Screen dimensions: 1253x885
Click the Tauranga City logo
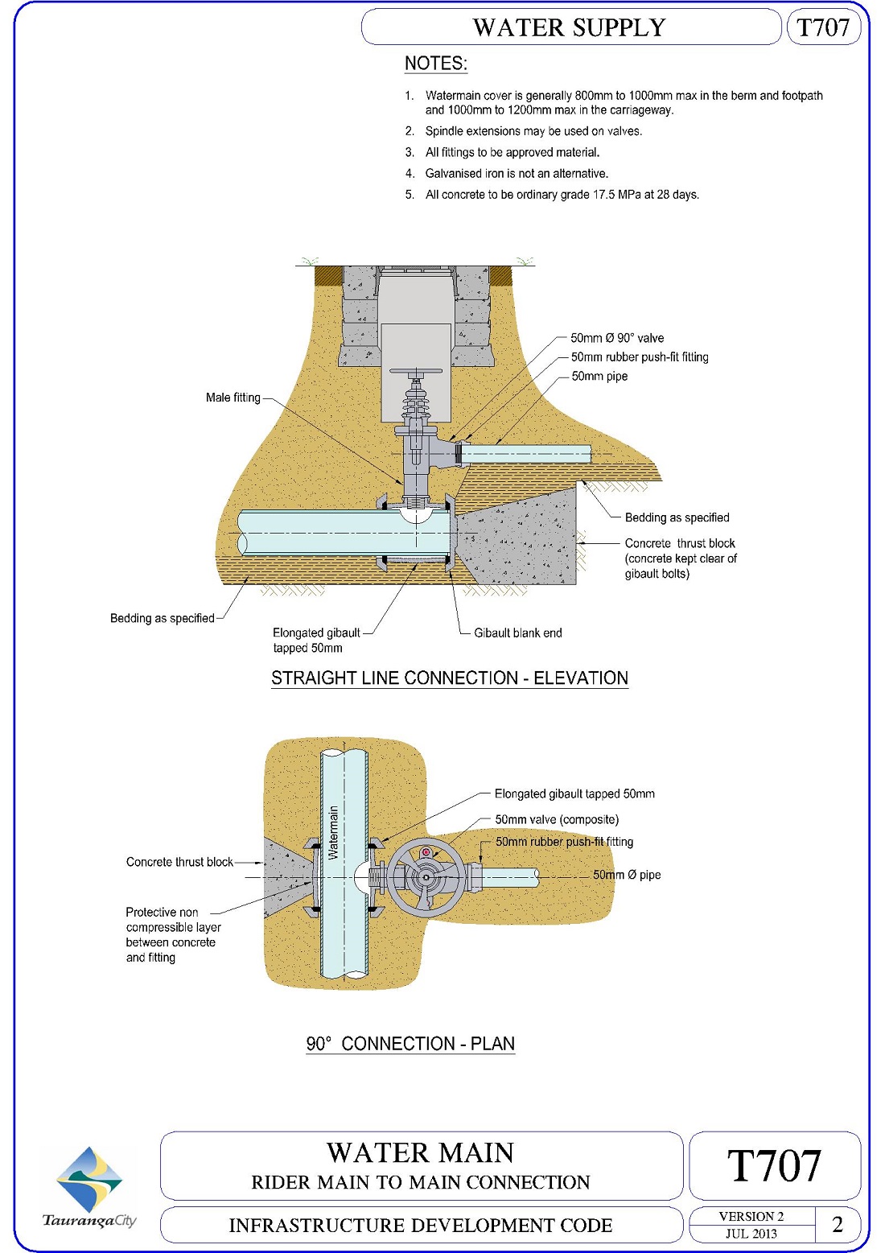pos(89,1187)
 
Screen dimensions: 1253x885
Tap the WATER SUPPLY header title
pos(569,27)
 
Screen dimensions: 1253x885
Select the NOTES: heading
pos(435,64)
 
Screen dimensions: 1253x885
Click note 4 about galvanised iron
pos(517,174)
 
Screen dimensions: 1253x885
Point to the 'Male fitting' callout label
pos(233,398)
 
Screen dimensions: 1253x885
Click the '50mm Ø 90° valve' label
pos(617,338)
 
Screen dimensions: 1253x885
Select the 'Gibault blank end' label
pos(517,633)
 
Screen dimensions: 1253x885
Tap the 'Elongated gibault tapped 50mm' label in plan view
pos(574,794)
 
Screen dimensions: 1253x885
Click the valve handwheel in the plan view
pos(425,877)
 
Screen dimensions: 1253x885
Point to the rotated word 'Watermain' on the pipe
pos(334,833)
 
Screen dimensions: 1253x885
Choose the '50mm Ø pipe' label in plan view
pos(627,875)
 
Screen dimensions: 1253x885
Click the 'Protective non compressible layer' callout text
pos(172,934)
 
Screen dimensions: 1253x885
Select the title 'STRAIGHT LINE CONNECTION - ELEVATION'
pos(449,678)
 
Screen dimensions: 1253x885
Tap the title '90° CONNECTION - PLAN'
pos(410,1044)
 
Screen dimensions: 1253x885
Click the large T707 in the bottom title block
pos(774,1165)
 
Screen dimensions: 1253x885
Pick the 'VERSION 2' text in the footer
pos(751,1216)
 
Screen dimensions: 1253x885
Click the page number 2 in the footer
pos(838,1224)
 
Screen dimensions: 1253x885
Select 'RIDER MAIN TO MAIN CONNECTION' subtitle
pos(421,1182)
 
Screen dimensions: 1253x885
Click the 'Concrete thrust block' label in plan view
pos(179,862)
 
